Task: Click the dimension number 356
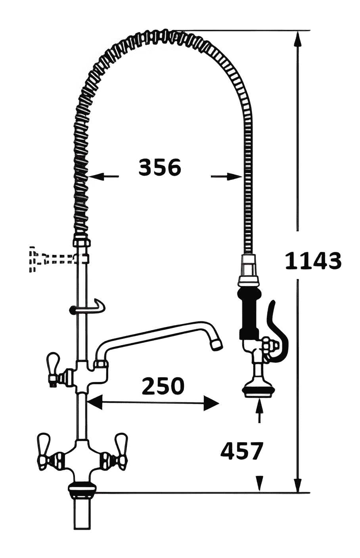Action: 160,167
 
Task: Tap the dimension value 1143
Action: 313,260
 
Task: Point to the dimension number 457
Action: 242,451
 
